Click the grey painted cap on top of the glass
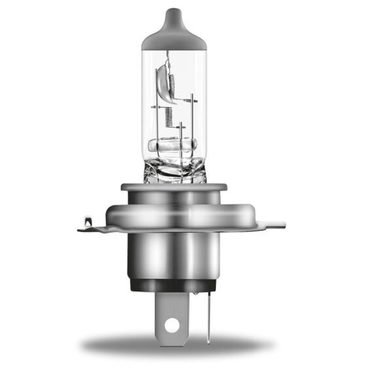[x=173, y=36]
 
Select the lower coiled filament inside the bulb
[x=168, y=118]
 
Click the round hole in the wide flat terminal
[x=171, y=324]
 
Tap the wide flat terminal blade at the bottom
[x=171, y=314]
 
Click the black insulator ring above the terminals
[x=173, y=285]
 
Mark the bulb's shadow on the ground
[x=177, y=344]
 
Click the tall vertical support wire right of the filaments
[x=194, y=124]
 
